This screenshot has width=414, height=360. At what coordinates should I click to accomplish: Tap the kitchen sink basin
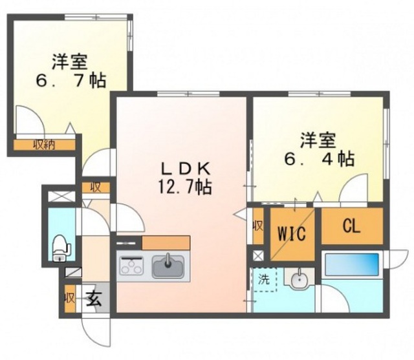tap(168, 266)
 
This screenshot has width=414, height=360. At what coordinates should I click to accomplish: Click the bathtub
tap(352, 264)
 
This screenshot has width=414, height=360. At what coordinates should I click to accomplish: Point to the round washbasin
tap(300, 281)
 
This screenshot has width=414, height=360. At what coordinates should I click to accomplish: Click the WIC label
tap(292, 233)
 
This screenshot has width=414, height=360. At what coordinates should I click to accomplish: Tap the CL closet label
tap(351, 226)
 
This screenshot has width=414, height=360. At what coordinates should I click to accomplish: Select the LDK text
tap(186, 169)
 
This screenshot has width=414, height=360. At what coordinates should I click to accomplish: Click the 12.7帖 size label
tap(185, 187)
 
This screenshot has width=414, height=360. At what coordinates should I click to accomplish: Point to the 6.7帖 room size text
tap(71, 80)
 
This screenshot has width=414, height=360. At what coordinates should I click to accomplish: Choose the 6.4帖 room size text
tap(319, 159)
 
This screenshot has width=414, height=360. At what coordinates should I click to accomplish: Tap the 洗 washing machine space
tap(264, 279)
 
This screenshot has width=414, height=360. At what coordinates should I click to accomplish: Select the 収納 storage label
tap(44, 145)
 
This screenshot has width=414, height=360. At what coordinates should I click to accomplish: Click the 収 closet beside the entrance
tap(70, 299)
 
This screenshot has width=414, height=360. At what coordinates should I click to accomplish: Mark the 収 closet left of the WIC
tap(258, 226)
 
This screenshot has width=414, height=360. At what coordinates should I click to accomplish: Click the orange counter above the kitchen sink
tap(166, 242)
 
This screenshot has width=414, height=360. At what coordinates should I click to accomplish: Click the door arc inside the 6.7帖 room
tap(30, 119)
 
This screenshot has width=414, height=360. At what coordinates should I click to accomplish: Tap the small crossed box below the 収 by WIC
tap(257, 255)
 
